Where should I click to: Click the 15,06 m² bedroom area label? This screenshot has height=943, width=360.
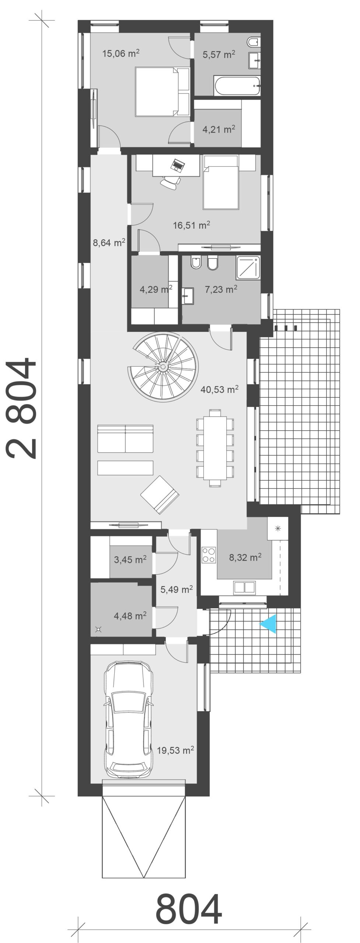(x=121, y=53)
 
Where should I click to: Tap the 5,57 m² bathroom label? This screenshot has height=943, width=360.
(x=219, y=55)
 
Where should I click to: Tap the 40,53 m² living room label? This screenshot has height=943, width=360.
(x=220, y=389)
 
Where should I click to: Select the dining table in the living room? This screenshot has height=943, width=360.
(x=215, y=448)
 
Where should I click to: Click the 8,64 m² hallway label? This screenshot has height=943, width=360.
(x=109, y=242)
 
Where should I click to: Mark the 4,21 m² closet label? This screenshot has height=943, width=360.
(x=219, y=129)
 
